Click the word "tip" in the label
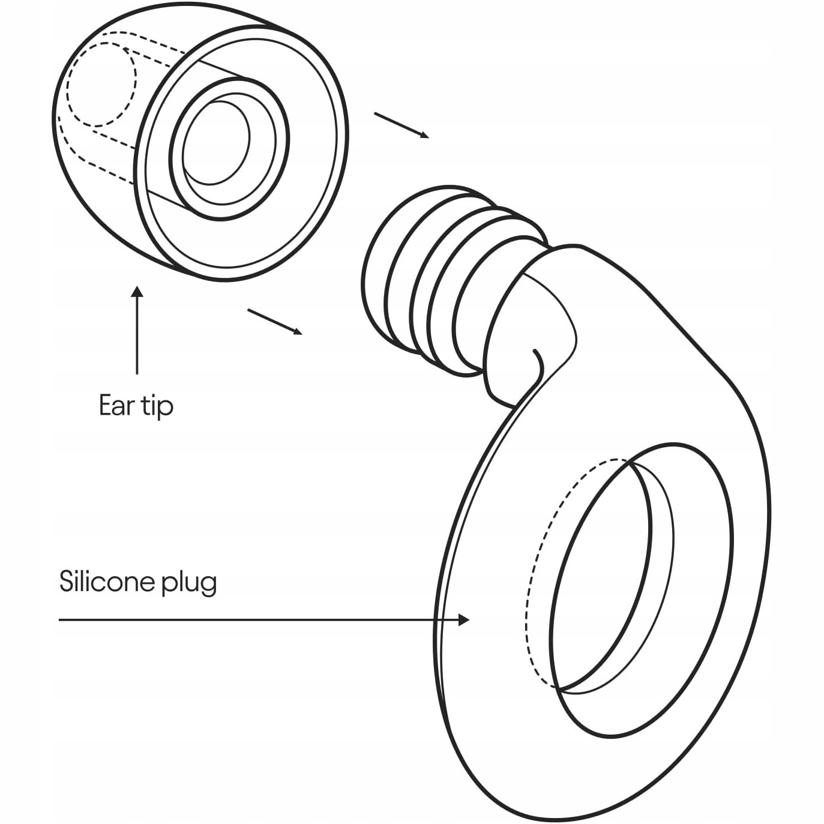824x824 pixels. click(157, 407)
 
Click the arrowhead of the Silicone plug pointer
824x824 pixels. click(463, 619)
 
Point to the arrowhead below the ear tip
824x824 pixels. click(137, 292)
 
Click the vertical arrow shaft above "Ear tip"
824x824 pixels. click(137, 336)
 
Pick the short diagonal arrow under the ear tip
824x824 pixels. click(274, 321)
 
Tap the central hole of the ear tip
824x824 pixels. click(216, 143)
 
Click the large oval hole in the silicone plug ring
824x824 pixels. click(606, 576)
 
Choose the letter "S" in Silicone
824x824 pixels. click(66, 581)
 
